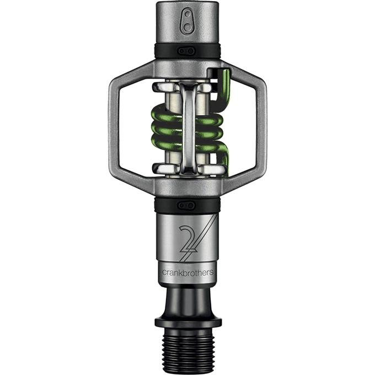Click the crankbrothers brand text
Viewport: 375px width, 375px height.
pos(187,272)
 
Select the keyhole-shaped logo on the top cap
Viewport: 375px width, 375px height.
pos(187,21)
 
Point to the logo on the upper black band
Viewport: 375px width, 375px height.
pos(187,51)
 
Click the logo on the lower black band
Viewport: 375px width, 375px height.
pos(187,206)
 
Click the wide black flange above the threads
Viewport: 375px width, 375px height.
pos(188,322)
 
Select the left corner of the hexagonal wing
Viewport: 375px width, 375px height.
pos(110,129)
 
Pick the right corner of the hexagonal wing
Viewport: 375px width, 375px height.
pos(265,129)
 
